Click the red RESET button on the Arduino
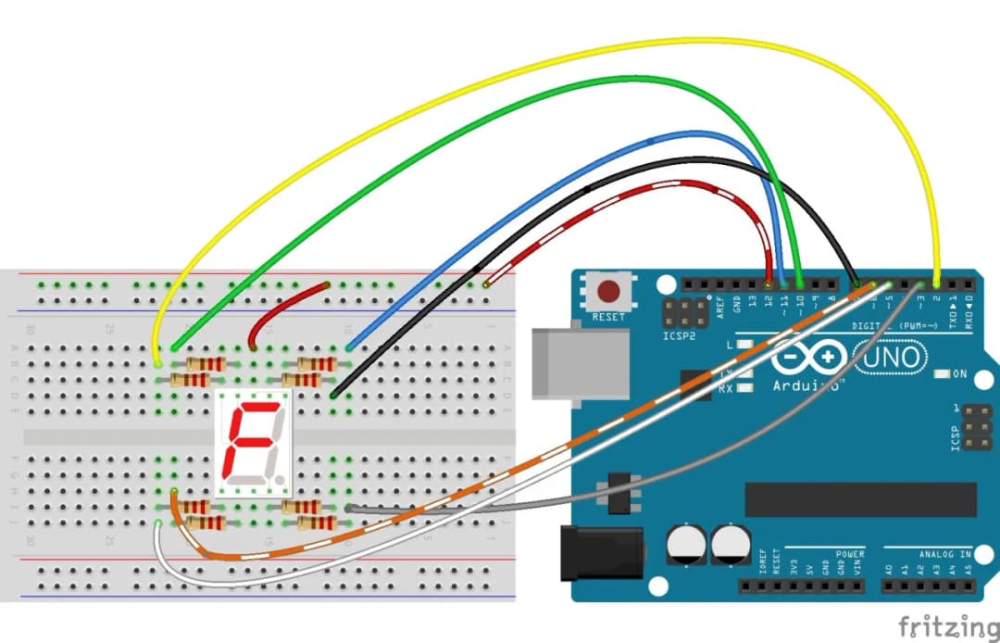(608, 292)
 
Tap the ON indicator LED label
(959, 373)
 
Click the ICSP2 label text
(679, 335)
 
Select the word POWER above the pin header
(849, 554)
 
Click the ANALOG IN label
(944, 554)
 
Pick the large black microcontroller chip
(860, 498)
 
